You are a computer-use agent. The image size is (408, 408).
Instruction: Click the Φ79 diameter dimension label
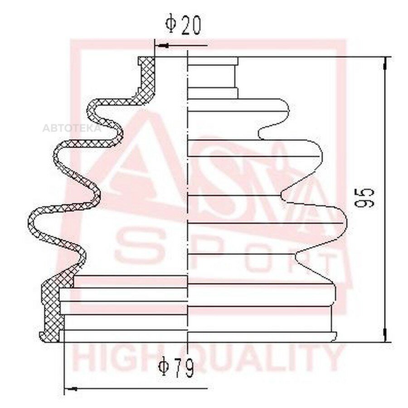pyautogui.click(x=177, y=367)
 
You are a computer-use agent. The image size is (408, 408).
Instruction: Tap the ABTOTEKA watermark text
pyautogui.click(x=72, y=128)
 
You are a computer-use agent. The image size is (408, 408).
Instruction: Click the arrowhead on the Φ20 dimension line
pyautogui.click(x=162, y=46)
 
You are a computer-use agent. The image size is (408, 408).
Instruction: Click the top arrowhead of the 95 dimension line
pyautogui.click(x=385, y=63)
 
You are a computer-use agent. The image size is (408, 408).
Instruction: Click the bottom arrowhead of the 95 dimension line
pyautogui.click(x=385, y=335)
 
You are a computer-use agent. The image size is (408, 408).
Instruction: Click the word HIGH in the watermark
pyautogui.click(x=109, y=358)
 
